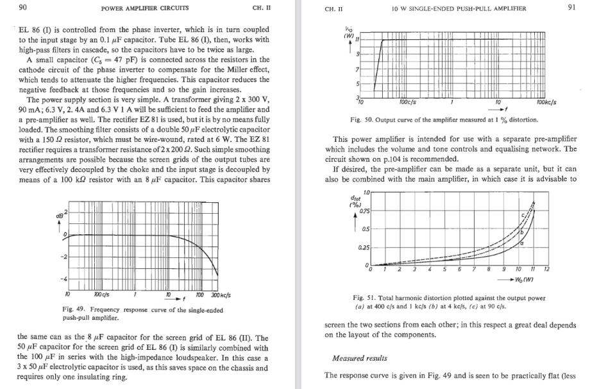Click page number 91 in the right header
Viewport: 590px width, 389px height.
pyautogui.click(x=571, y=8)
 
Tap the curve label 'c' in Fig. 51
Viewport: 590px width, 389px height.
pyautogui.click(x=523, y=214)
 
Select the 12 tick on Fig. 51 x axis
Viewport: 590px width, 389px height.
pyautogui.click(x=546, y=270)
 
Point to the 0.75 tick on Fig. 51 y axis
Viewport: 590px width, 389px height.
pyautogui.click(x=363, y=212)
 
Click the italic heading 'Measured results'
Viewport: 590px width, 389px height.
pyautogui.click(x=360, y=358)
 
